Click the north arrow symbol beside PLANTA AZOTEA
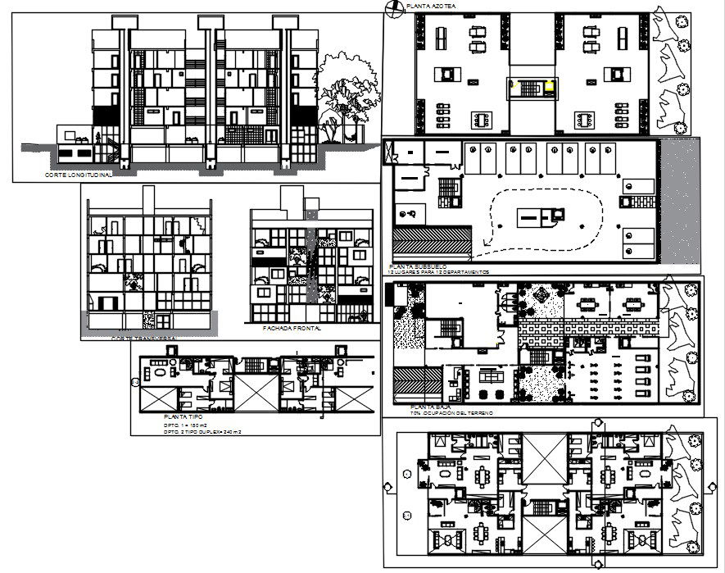[393, 7]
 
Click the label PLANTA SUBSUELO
[419, 267]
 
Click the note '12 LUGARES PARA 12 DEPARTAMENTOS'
[440, 272]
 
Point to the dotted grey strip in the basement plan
[680, 205]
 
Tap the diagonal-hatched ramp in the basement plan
[432, 243]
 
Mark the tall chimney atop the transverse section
[147, 199]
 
